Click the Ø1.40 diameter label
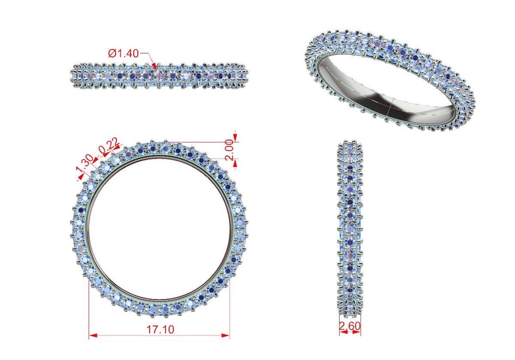pyautogui.click(x=124, y=54)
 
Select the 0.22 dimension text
pyautogui.click(x=109, y=145)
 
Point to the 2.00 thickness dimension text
pyautogui.click(x=230, y=150)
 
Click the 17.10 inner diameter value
pyautogui.click(x=160, y=330)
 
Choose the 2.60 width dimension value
pyautogui.click(x=350, y=326)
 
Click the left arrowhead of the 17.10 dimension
pyautogui.click(x=93, y=336)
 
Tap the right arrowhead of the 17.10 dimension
pyautogui.click(x=226, y=336)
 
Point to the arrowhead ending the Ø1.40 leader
pyautogui.click(x=155, y=67)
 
